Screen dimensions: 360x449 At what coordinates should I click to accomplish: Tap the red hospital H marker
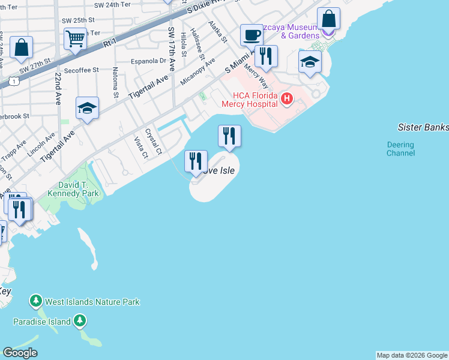pyautogui.click(x=286, y=98)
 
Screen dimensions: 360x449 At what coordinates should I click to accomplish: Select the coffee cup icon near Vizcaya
pyautogui.click(x=251, y=35)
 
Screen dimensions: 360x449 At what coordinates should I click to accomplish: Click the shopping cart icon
pyautogui.click(x=76, y=39)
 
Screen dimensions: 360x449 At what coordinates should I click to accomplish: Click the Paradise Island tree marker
pyautogui.click(x=80, y=322)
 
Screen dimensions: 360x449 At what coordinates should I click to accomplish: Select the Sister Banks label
pyautogui.click(x=423, y=127)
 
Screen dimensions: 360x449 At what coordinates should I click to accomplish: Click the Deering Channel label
pyautogui.click(x=400, y=149)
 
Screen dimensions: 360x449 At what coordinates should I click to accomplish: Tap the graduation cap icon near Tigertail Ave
pyautogui.click(x=87, y=108)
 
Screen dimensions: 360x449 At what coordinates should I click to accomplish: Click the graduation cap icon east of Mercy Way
pyautogui.click(x=310, y=62)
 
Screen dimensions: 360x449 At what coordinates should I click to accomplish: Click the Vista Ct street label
pyautogui.click(x=141, y=148)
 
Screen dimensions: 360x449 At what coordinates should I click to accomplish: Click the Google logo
pyautogui.click(x=20, y=353)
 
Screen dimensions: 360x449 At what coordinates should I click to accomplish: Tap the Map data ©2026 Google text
pyautogui.click(x=412, y=355)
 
